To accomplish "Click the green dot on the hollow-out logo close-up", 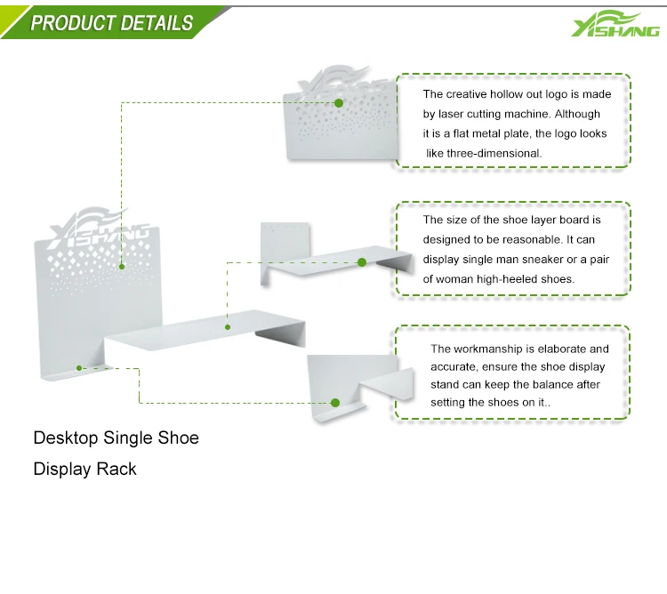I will (339, 103).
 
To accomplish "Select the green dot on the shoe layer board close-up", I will (362, 262).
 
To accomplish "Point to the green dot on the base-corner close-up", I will (336, 403).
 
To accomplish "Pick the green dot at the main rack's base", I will (79, 366).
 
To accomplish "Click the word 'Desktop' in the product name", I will (65, 438).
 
